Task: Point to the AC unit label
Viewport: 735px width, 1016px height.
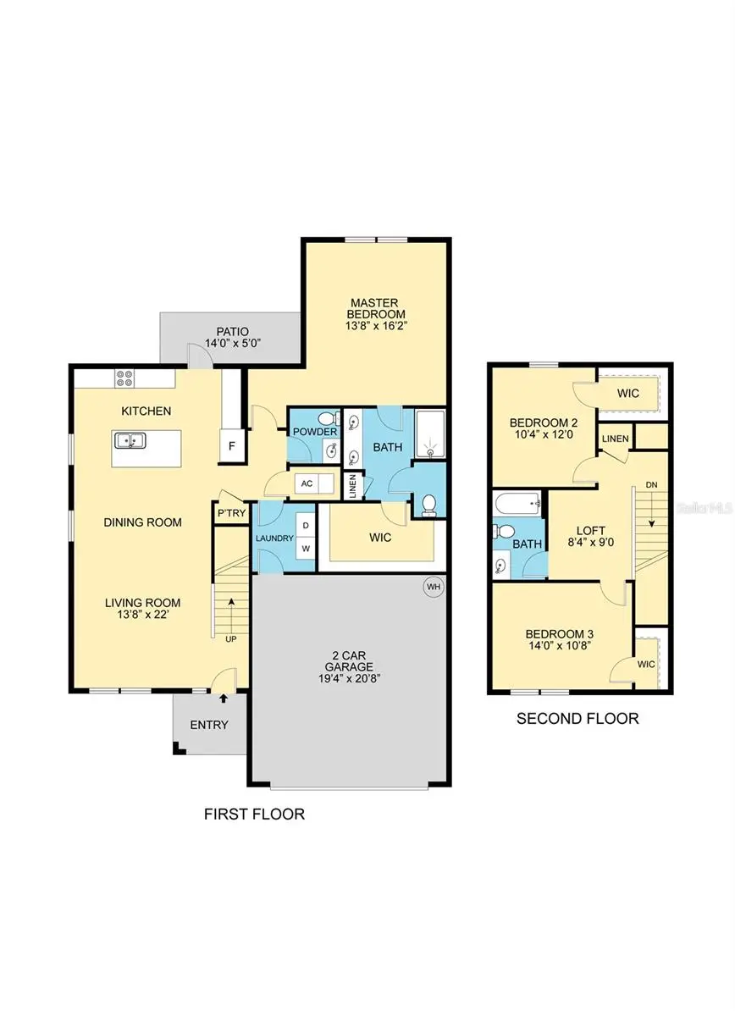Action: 307,483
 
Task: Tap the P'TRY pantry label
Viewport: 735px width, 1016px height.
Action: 230,514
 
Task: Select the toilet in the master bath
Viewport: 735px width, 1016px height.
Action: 429,505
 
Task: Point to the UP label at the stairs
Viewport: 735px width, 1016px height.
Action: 230,639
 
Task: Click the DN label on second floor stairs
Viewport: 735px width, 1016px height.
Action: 651,484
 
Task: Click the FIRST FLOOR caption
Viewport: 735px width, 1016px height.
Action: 254,814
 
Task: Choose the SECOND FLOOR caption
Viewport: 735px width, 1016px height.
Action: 577,719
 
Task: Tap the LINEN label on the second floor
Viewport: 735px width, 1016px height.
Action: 615,439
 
